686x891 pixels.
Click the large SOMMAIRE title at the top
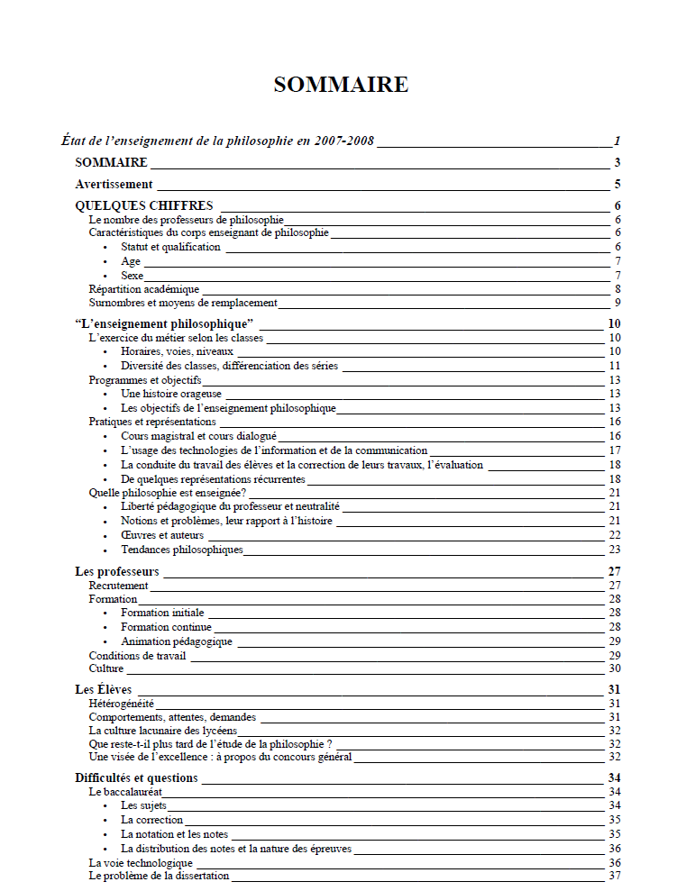pyautogui.click(x=341, y=85)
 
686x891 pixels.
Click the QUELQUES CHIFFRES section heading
pyautogui.click(x=144, y=206)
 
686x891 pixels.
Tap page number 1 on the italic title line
pyautogui.click(x=617, y=141)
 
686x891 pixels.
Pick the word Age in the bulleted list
pyautogui.click(x=131, y=261)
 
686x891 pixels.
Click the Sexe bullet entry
pyautogui.click(x=133, y=276)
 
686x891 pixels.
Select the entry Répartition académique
pyautogui.click(x=143, y=289)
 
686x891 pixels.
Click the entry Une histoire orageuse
pyautogui.click(x=171, y=394)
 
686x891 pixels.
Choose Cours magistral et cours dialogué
pyautogui.click(x=192, y=436)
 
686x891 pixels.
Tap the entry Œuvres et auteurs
pyautogui.click(x=162, y=535)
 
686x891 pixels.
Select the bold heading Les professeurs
pyautogui.click(x=116, y=571)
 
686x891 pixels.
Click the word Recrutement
pyautogui.click(x=118, y=586)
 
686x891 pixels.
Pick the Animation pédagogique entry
pyautogui.click(x=177, y=641)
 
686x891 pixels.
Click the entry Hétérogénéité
pyautogui.click(x=122, y=704)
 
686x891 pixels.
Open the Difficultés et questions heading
pyautogui.click(x=136, y=777)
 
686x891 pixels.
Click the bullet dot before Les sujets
pyautogui.click(x=106, y=805)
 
